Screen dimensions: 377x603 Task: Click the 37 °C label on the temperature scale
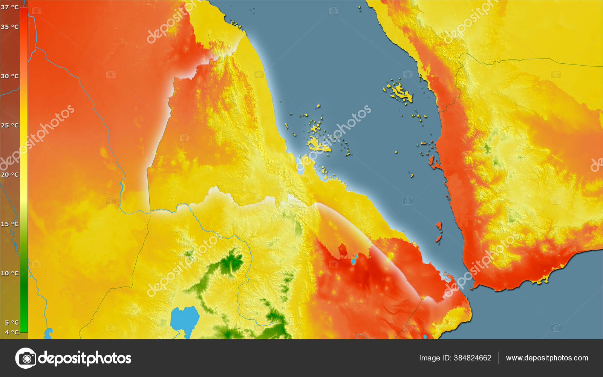[x=10, y=7]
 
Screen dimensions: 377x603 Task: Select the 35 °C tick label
[x=10, y=27]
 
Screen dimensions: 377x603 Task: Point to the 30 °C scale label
[x=10, y=76]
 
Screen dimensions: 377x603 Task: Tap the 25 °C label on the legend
[x=10, y=125]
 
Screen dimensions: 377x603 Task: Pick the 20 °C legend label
[x=10, y=175]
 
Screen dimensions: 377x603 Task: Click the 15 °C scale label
[x=10, y=224]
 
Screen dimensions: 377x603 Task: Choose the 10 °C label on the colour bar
[x=10, y=273]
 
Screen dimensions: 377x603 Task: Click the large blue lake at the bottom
[x=184, y=319]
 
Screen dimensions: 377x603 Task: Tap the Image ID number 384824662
[x=473, y=358]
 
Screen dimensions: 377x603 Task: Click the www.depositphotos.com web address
[x=547, y=358]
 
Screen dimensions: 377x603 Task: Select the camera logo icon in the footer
[x=26, y=358]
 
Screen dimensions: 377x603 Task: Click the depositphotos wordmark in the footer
[x=85, y=358]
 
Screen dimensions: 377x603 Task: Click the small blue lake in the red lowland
[x=354, y=259]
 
